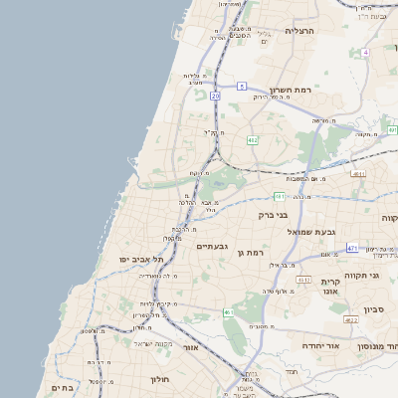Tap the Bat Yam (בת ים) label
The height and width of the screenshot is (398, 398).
62,387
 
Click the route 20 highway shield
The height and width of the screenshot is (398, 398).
215,96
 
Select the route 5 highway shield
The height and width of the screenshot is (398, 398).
242,87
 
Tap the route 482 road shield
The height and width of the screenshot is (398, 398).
253,140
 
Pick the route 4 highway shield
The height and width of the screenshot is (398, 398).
365,52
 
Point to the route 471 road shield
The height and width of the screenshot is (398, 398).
352,247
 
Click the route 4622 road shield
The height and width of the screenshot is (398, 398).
350,319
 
